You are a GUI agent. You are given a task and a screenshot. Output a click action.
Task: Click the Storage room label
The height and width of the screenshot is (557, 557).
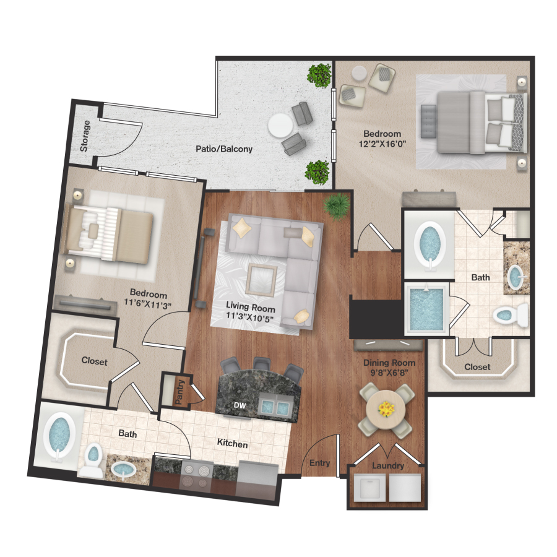[85, 135]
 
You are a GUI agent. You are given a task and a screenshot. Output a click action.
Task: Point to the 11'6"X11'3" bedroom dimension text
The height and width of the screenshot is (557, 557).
[149, 304]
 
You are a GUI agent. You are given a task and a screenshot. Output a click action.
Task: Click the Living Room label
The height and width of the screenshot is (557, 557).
[250, 308]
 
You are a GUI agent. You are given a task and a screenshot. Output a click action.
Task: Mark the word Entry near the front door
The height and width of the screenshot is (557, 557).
[320, 462]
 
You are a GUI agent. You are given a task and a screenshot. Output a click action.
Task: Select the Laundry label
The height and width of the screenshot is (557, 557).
[388, 465]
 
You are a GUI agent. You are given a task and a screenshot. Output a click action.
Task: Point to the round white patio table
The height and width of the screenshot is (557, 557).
[280, 126]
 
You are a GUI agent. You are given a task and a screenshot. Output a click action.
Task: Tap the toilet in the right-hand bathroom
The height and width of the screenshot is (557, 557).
[511, 315]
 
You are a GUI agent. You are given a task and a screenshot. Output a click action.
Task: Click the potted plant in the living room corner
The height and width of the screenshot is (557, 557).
[338, 205]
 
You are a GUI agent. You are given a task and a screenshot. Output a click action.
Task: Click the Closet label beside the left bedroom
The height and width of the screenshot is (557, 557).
[94, 361]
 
